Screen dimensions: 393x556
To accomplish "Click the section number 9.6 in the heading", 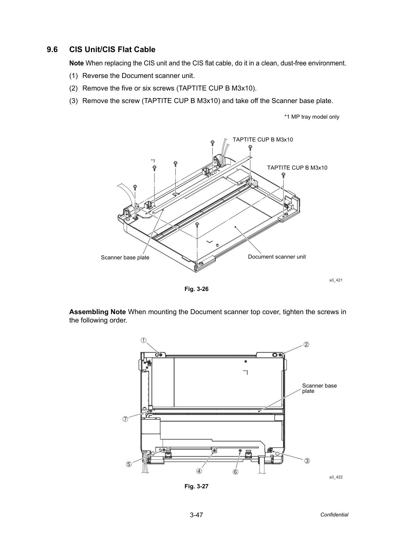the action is [52, 50].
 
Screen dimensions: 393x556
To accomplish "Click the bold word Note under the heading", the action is [76, 63].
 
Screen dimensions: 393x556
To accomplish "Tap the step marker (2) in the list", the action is [73, 88].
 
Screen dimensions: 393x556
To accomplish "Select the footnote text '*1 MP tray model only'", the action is [312, 117].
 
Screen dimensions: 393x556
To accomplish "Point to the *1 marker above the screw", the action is [153, 160].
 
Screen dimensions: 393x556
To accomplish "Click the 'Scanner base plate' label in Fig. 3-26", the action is [125, 257].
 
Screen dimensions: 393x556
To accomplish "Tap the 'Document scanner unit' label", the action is [277, 257].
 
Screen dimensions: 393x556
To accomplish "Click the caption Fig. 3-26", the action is [196, 289].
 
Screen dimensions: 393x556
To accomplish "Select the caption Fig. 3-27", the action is [196, 486].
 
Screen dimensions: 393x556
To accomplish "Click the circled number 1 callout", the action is [143, 340].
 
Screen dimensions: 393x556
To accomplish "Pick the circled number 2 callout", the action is [306, 345].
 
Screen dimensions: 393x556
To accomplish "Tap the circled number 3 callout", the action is [307, 461].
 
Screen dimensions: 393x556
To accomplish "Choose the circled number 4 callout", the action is [199, 471].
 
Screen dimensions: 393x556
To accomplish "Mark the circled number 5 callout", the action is [129, 464].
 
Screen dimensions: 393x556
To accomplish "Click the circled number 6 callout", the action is [235, 472].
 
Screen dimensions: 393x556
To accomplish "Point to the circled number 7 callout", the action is [126, 419].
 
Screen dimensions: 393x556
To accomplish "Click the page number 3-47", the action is [196, 515].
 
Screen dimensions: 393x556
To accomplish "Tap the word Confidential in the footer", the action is [334, 515].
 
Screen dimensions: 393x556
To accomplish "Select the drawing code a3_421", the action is [336, 280].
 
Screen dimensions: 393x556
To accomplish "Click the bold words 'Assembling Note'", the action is [97, 312].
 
